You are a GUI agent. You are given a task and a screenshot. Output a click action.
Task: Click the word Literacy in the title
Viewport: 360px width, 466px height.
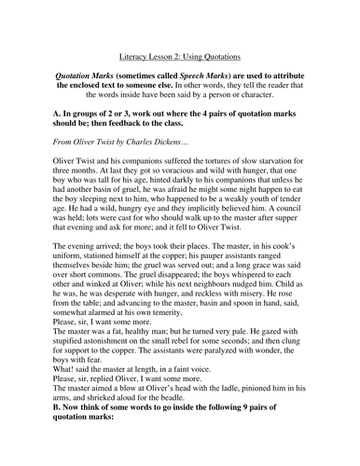tap(129, 54)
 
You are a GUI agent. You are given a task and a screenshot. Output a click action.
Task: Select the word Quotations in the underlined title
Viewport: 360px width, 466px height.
tap(226, 54)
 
